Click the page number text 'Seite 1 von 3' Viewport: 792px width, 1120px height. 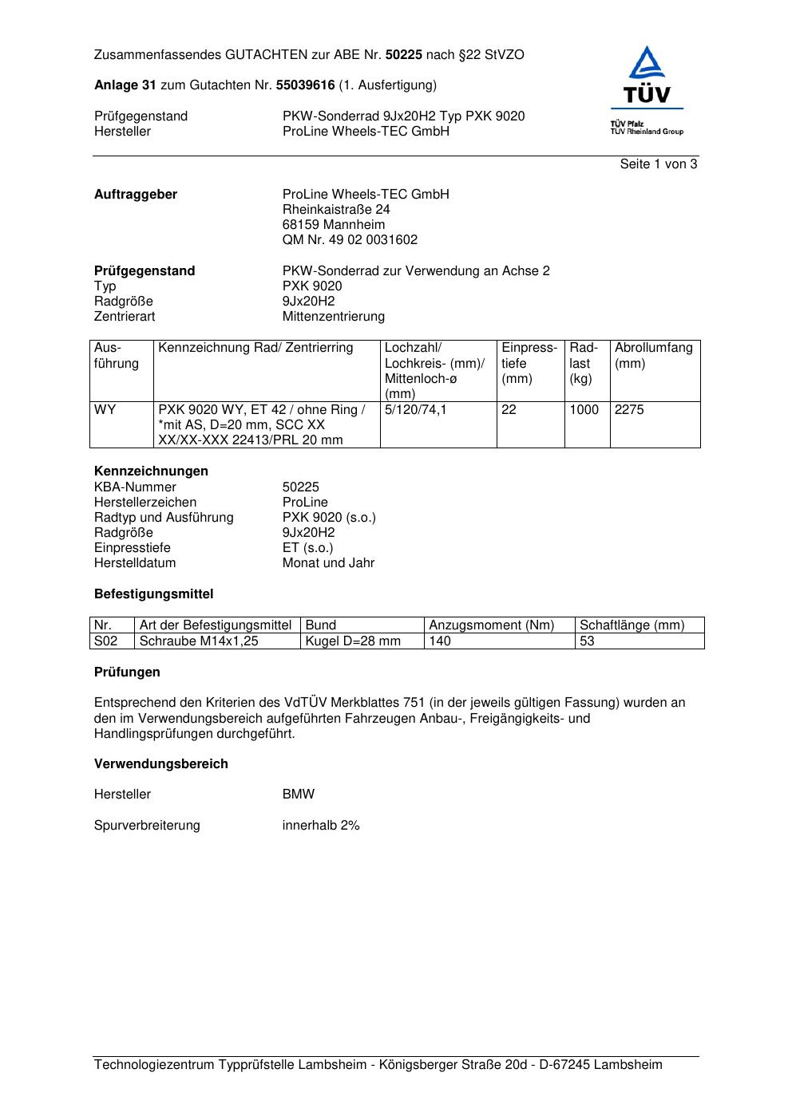[x=658, y=164]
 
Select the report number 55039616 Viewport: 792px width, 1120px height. [x=305, y=85]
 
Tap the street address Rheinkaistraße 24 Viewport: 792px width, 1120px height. [x=336, y=210]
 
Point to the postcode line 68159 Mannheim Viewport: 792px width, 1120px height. [x=333, y=225]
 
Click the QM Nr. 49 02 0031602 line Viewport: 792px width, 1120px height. [x=350, y=240]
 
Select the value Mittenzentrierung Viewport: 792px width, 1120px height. [x=333, y=317]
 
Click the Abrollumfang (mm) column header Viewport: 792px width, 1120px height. [x=653, y=355]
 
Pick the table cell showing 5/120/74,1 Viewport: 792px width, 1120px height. [x=415, y=410]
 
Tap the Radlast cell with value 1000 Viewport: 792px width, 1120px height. [x=584, y=410]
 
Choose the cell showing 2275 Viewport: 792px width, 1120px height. [x=629, y=410]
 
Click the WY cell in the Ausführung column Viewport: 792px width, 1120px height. [x=105, y=410]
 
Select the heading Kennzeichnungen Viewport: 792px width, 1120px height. [x=151, y=471]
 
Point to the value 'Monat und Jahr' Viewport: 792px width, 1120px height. [x=328, y=563]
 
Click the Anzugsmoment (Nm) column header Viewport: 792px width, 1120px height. [x=491, y=625]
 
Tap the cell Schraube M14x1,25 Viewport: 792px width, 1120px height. [x=199, y=641]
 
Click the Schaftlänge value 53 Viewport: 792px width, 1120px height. [x=587, y=641]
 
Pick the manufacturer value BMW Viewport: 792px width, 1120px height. [x=298, y=795]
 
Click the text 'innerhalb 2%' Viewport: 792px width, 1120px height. [x=321, y=826]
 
